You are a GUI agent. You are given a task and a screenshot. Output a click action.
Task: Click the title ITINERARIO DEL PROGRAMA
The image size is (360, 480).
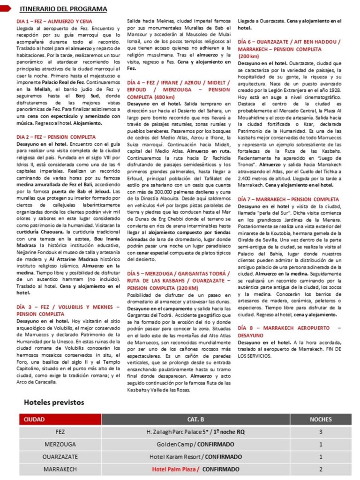pos(63,9)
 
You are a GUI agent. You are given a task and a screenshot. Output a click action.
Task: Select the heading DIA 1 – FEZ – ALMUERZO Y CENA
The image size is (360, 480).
pos(54,22)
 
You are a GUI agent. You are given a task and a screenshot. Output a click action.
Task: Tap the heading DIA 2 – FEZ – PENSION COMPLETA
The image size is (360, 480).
pos(56,137)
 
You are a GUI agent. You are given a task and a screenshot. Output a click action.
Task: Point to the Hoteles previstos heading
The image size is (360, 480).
pos(54,402)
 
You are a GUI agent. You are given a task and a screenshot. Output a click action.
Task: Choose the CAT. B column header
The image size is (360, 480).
pos(195,420)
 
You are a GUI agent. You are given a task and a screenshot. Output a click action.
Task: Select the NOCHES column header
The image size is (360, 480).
pos(321,420)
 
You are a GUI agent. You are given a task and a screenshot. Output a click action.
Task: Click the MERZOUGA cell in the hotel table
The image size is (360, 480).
pos(60,444)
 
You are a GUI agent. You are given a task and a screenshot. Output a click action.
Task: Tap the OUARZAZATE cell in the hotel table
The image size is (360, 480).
pos(60,456)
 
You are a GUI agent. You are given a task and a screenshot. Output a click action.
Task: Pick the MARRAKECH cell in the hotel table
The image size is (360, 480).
pos(60,469)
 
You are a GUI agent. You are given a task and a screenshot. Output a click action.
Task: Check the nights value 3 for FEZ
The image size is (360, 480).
pos(321,431)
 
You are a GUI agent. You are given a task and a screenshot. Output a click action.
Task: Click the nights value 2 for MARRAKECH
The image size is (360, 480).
pos(321,469)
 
